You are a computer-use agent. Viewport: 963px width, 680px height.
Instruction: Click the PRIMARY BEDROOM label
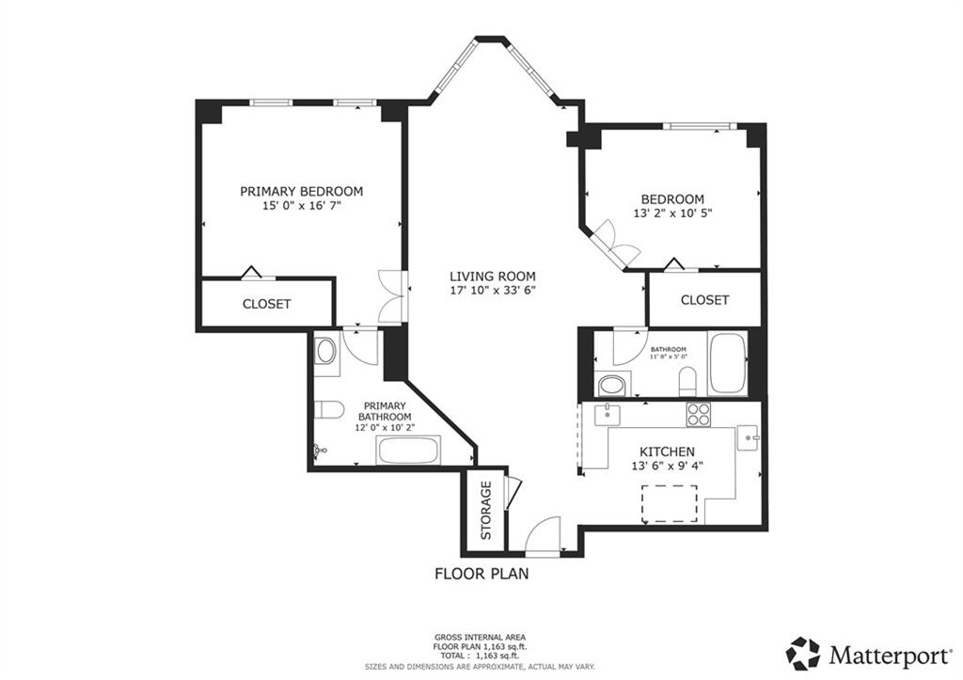pos(301,191)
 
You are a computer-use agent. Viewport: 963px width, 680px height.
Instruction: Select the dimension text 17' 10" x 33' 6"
pos(492,291)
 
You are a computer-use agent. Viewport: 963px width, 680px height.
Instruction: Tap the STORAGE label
pos(486,512)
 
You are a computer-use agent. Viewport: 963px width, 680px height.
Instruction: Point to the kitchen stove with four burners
pos(698,414)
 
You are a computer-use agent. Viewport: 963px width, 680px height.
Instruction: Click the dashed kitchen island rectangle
pos(670,503)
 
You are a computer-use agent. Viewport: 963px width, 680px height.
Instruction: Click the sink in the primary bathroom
pos(326,352)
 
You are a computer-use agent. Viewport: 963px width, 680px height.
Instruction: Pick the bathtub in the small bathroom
pos(727,363)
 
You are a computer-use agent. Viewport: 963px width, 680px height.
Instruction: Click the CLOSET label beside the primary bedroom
pos(266,305)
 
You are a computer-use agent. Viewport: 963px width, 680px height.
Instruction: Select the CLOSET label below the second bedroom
pos(704,300)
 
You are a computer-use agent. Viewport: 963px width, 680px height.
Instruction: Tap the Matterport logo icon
pos(803,652)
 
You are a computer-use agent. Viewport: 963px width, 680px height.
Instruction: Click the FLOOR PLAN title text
pos(481,573)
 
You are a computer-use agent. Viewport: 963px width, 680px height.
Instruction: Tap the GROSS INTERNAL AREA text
pos(481,637)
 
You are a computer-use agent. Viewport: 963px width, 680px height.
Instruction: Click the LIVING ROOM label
pos(492,277)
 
